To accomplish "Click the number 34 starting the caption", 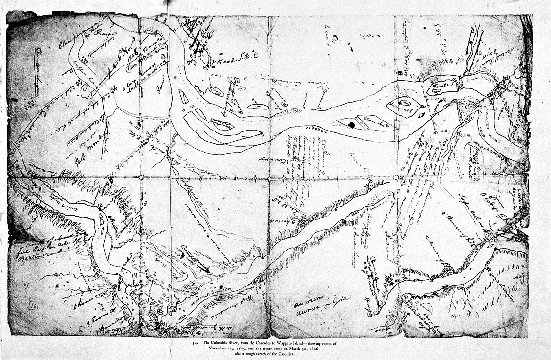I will click(195, 344).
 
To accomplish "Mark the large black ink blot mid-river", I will click(352, 125).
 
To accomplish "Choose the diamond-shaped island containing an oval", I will click(404, 105).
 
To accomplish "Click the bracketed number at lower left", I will click(33, 305).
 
